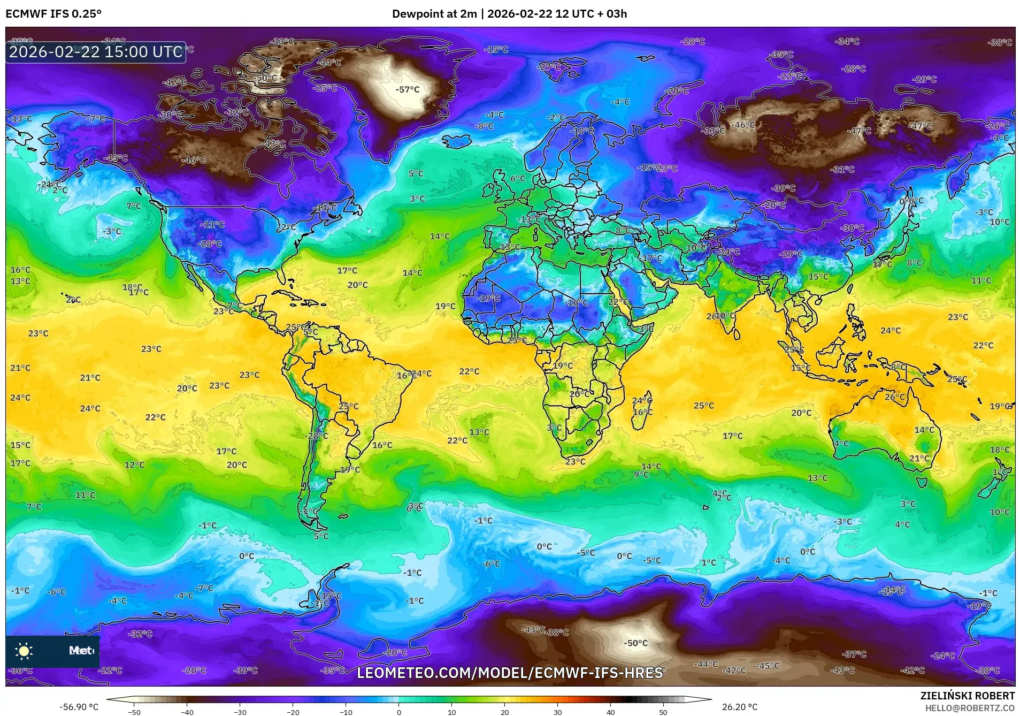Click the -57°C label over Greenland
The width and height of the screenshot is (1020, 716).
pos(408,90)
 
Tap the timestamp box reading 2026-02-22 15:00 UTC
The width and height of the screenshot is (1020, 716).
pos(96,52)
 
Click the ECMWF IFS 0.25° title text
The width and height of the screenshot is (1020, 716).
pos(53,14)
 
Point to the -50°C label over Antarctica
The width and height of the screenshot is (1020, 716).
pos(635,643)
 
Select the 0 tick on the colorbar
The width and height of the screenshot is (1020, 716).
pos(399,712)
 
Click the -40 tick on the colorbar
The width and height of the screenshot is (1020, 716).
pos(187,712)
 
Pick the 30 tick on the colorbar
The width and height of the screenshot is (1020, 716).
pos(558,712)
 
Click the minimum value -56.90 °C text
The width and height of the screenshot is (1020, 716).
pos(79,707)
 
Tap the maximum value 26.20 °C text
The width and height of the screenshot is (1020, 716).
pos(740,707)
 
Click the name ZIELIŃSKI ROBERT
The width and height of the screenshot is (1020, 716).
pos(967,696)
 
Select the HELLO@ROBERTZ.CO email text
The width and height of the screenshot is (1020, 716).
pos(970,707)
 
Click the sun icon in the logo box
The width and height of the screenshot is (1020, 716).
pos(24,651)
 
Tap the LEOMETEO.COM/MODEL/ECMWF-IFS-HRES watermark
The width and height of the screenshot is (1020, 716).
pos(510,673)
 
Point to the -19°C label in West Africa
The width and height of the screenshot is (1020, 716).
pos(488,298)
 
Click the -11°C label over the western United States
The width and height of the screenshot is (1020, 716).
pos(212,225)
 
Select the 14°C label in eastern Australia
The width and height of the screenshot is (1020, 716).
pos(924,430)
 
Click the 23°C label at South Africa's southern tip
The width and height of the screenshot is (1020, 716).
pos(575,461)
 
